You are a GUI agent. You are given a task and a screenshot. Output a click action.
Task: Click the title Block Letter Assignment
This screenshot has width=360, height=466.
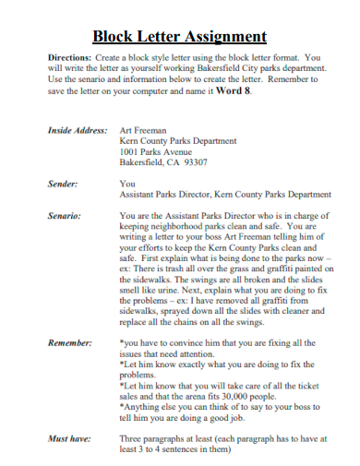click(180, 38)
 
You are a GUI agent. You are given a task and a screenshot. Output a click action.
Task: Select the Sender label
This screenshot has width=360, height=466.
click(62, 184)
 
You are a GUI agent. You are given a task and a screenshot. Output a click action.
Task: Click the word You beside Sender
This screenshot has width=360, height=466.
click(127, 184)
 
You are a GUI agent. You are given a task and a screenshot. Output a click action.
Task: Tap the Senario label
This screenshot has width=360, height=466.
click(64, 216)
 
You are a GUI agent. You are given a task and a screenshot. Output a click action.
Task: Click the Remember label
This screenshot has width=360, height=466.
click(69, 343)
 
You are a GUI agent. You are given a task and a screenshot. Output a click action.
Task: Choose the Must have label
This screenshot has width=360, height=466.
click(69, 437)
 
